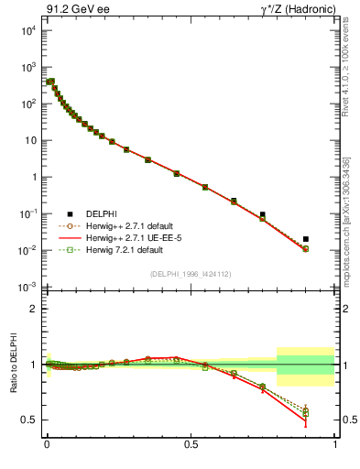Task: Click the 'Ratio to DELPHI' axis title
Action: point(11,365)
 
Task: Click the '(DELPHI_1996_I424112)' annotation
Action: point(191,274)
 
